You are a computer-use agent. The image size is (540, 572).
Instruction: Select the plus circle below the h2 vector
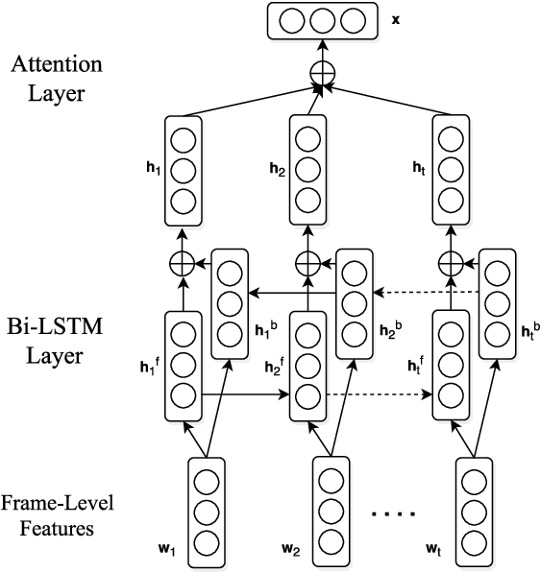(307, 260)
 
